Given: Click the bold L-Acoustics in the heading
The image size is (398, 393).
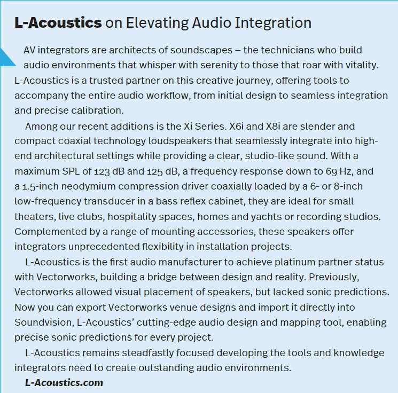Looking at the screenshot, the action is click(x=58, y=22).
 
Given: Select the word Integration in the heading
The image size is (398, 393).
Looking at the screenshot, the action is click(x=273, y=23).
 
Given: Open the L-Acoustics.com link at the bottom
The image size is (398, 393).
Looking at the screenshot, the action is click(x=64, y=382).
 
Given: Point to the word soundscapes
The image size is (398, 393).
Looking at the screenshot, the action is click(x=201, y=50).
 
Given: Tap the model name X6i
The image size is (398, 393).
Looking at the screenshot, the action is click(x=236, y=126).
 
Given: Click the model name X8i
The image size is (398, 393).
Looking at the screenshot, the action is click(x=273, y=126).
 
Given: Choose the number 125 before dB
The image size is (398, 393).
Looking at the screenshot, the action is click(x=154, y=171).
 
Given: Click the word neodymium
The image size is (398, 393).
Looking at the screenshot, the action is click(x=88, y=186).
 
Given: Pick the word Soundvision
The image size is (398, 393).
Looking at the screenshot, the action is click(x=44, y=323).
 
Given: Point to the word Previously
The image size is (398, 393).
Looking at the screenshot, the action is click(x=334, y=277).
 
